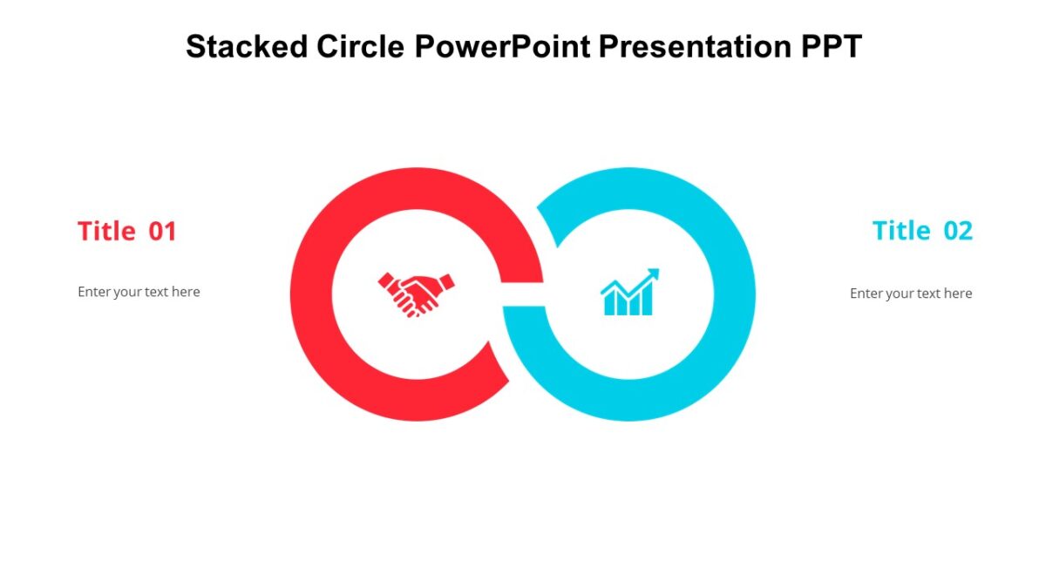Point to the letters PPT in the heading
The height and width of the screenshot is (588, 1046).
(831, 46)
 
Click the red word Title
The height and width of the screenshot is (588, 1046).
(106, 231)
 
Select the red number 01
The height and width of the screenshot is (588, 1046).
(163, 231)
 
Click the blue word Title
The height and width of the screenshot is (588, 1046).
(901, 231)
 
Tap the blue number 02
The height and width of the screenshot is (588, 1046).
(958, 231)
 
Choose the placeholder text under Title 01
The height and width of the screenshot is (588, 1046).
(139, 292)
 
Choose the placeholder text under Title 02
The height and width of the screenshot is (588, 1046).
(911, 294)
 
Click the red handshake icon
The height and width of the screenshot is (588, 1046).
(416, 294)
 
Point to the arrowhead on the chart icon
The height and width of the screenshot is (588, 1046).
(654, 274)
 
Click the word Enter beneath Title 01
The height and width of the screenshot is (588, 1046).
(94, 292)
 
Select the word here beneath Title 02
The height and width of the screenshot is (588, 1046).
(957, 294)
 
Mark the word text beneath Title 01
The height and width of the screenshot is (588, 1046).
(157, 292)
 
